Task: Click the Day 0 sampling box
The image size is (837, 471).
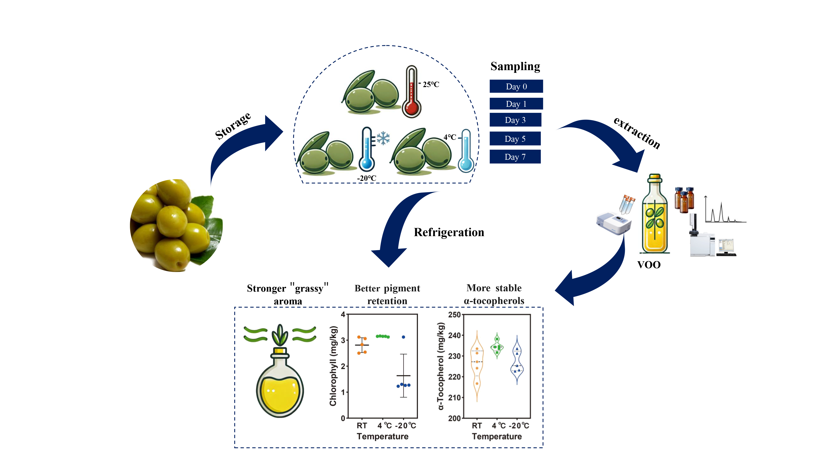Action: click(516, 86)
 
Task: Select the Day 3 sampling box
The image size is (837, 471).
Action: click(515, 120)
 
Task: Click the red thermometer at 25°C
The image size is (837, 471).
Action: click(412, 93)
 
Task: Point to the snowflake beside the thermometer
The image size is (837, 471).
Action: click(383, 138)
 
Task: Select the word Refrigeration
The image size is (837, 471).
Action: click(449, 232)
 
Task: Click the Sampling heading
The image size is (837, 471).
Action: click(515, 66)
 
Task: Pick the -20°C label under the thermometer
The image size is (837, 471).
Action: click(367, 178)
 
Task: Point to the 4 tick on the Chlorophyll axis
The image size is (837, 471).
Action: click(343, 314)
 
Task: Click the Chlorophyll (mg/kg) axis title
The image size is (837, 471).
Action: click(333, 366)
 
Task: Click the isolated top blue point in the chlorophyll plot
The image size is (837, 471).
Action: click(403, 337)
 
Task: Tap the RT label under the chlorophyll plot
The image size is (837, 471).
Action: click(362, 426)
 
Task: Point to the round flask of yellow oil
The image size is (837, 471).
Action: click(280, 387)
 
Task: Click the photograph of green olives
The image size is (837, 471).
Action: click(176, 225)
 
